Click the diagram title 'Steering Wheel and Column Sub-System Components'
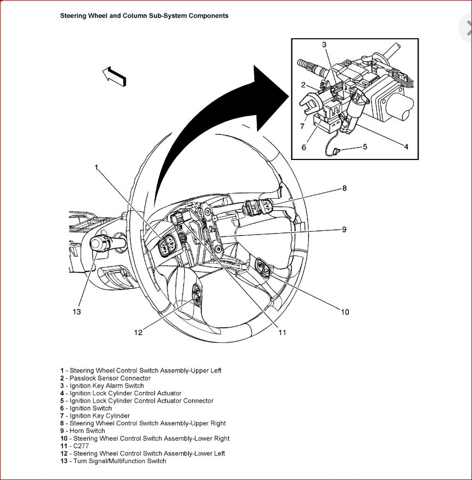click(x=144, y=16)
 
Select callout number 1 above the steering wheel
click(x=97, y=168)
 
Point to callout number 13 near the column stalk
click(x=76, y=311)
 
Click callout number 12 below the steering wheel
click(x=139, y=332)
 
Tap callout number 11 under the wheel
click(x=282, y=332)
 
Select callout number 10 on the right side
click(x=345, y=312)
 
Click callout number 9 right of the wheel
click(x=344, y=229)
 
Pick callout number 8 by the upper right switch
click(x=344, y=188)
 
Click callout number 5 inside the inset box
click(x=365, y=146)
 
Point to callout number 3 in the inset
click(x=324, y=44)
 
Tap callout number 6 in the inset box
click(x=304, y=147)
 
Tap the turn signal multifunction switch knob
click(x=100, y=242)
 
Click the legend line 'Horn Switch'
click(x=87, y=431)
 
